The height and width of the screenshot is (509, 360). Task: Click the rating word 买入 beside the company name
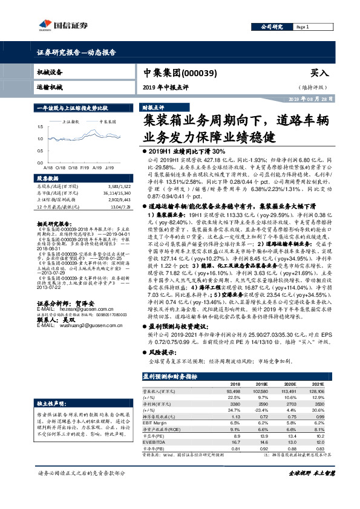point(320,73)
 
